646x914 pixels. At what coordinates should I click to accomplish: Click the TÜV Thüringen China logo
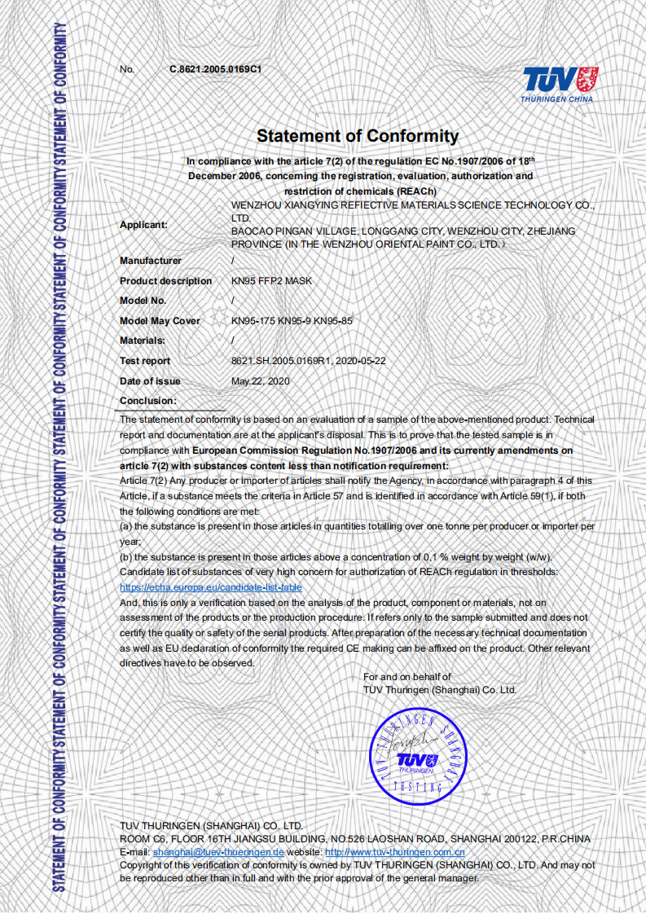pyautogui.click(x=558, y=85)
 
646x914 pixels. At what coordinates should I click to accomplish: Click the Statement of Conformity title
pyautogui.click(x=358, y=136)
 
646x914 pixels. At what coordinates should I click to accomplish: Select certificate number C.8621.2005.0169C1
pyautogui.click(x=215, y=69)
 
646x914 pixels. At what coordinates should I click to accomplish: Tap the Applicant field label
pyautogui.click(x=143, y=225)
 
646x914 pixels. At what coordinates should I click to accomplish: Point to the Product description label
pyautogui.click(x=165, y=281)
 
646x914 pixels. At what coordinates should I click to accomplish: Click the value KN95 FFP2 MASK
pyautogui.click(x=271, y=281)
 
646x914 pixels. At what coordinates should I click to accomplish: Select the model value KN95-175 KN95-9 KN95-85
pyautogui.click(x=292, y=321)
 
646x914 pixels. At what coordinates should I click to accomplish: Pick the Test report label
pyautogui.click(x=145, y=361)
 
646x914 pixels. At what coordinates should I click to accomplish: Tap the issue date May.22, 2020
pyautogui.click(x=261, y=381)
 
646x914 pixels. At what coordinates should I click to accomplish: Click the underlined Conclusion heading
pyautogui.click(x=147, y=401)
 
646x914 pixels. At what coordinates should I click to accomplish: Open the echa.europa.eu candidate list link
pyautogui.click(x=210, y=587)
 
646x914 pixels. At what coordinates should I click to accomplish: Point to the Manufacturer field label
pyautogui.click(x=151, y=261)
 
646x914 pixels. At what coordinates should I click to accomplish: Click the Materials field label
pyautogui.click(x=143, y=341)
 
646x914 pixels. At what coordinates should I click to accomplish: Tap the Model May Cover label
pyautogui.click(x=160, y=321)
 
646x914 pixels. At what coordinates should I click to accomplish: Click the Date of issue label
pyautogui.click(x=150, y=381)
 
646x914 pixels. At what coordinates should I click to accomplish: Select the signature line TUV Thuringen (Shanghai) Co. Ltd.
pyautogui.click(x=440, y=690)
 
